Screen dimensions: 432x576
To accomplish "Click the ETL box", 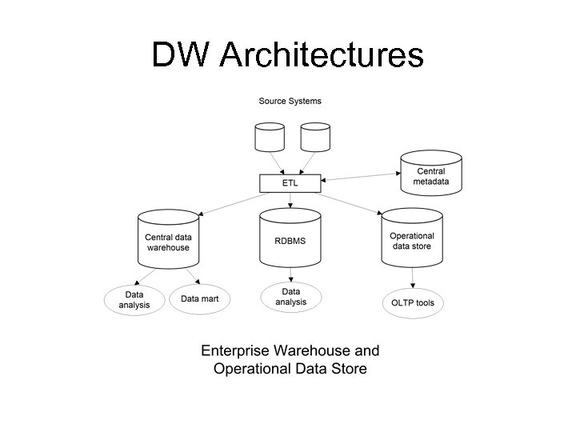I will point(290,183).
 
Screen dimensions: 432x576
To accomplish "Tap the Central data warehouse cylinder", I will point(168,238).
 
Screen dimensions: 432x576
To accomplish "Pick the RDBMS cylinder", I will point(290,238).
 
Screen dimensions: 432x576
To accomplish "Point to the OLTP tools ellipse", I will point(412,303).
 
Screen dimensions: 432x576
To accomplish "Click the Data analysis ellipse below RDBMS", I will point(290,297).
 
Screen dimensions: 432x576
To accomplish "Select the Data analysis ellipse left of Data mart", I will point(134,300).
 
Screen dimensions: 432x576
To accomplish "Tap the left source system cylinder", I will point(269,137).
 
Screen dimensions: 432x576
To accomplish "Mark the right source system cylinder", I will point(315,137).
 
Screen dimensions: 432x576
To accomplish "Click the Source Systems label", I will point(290,101).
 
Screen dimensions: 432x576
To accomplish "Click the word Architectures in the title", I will point(321,55).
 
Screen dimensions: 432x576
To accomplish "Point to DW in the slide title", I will point(181,55).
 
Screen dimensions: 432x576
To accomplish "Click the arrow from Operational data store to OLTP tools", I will point(412,277).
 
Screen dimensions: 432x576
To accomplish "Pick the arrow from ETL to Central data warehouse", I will point(230,202).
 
